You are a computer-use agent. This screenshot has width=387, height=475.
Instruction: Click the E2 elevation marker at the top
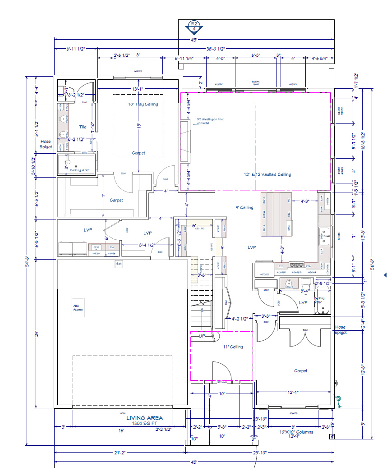pyautogui.click(x=194, y=26)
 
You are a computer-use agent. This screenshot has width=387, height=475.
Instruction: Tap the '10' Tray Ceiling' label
pyautogui.click(x=143, y=104)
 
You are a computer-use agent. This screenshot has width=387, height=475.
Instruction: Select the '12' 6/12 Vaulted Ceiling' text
pyautogui.click(x=268, y=174)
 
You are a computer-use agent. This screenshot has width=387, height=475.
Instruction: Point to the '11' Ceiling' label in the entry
pyautogui.click(x=234, y=347)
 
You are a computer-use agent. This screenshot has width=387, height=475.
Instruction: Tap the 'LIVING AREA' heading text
pyautogui.click(x=144, y=418)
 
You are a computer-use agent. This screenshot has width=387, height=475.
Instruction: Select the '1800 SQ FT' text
pyautogui.click(x=144, y=424)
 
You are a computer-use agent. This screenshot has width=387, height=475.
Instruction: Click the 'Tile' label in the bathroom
pyautogui.click(x=83, y=127)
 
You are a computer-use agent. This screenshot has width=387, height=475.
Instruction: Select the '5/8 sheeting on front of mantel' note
pyautogui.click(x=210, y=121)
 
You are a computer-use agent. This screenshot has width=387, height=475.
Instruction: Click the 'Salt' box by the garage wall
pyautogui.click(x=119, y=264)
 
